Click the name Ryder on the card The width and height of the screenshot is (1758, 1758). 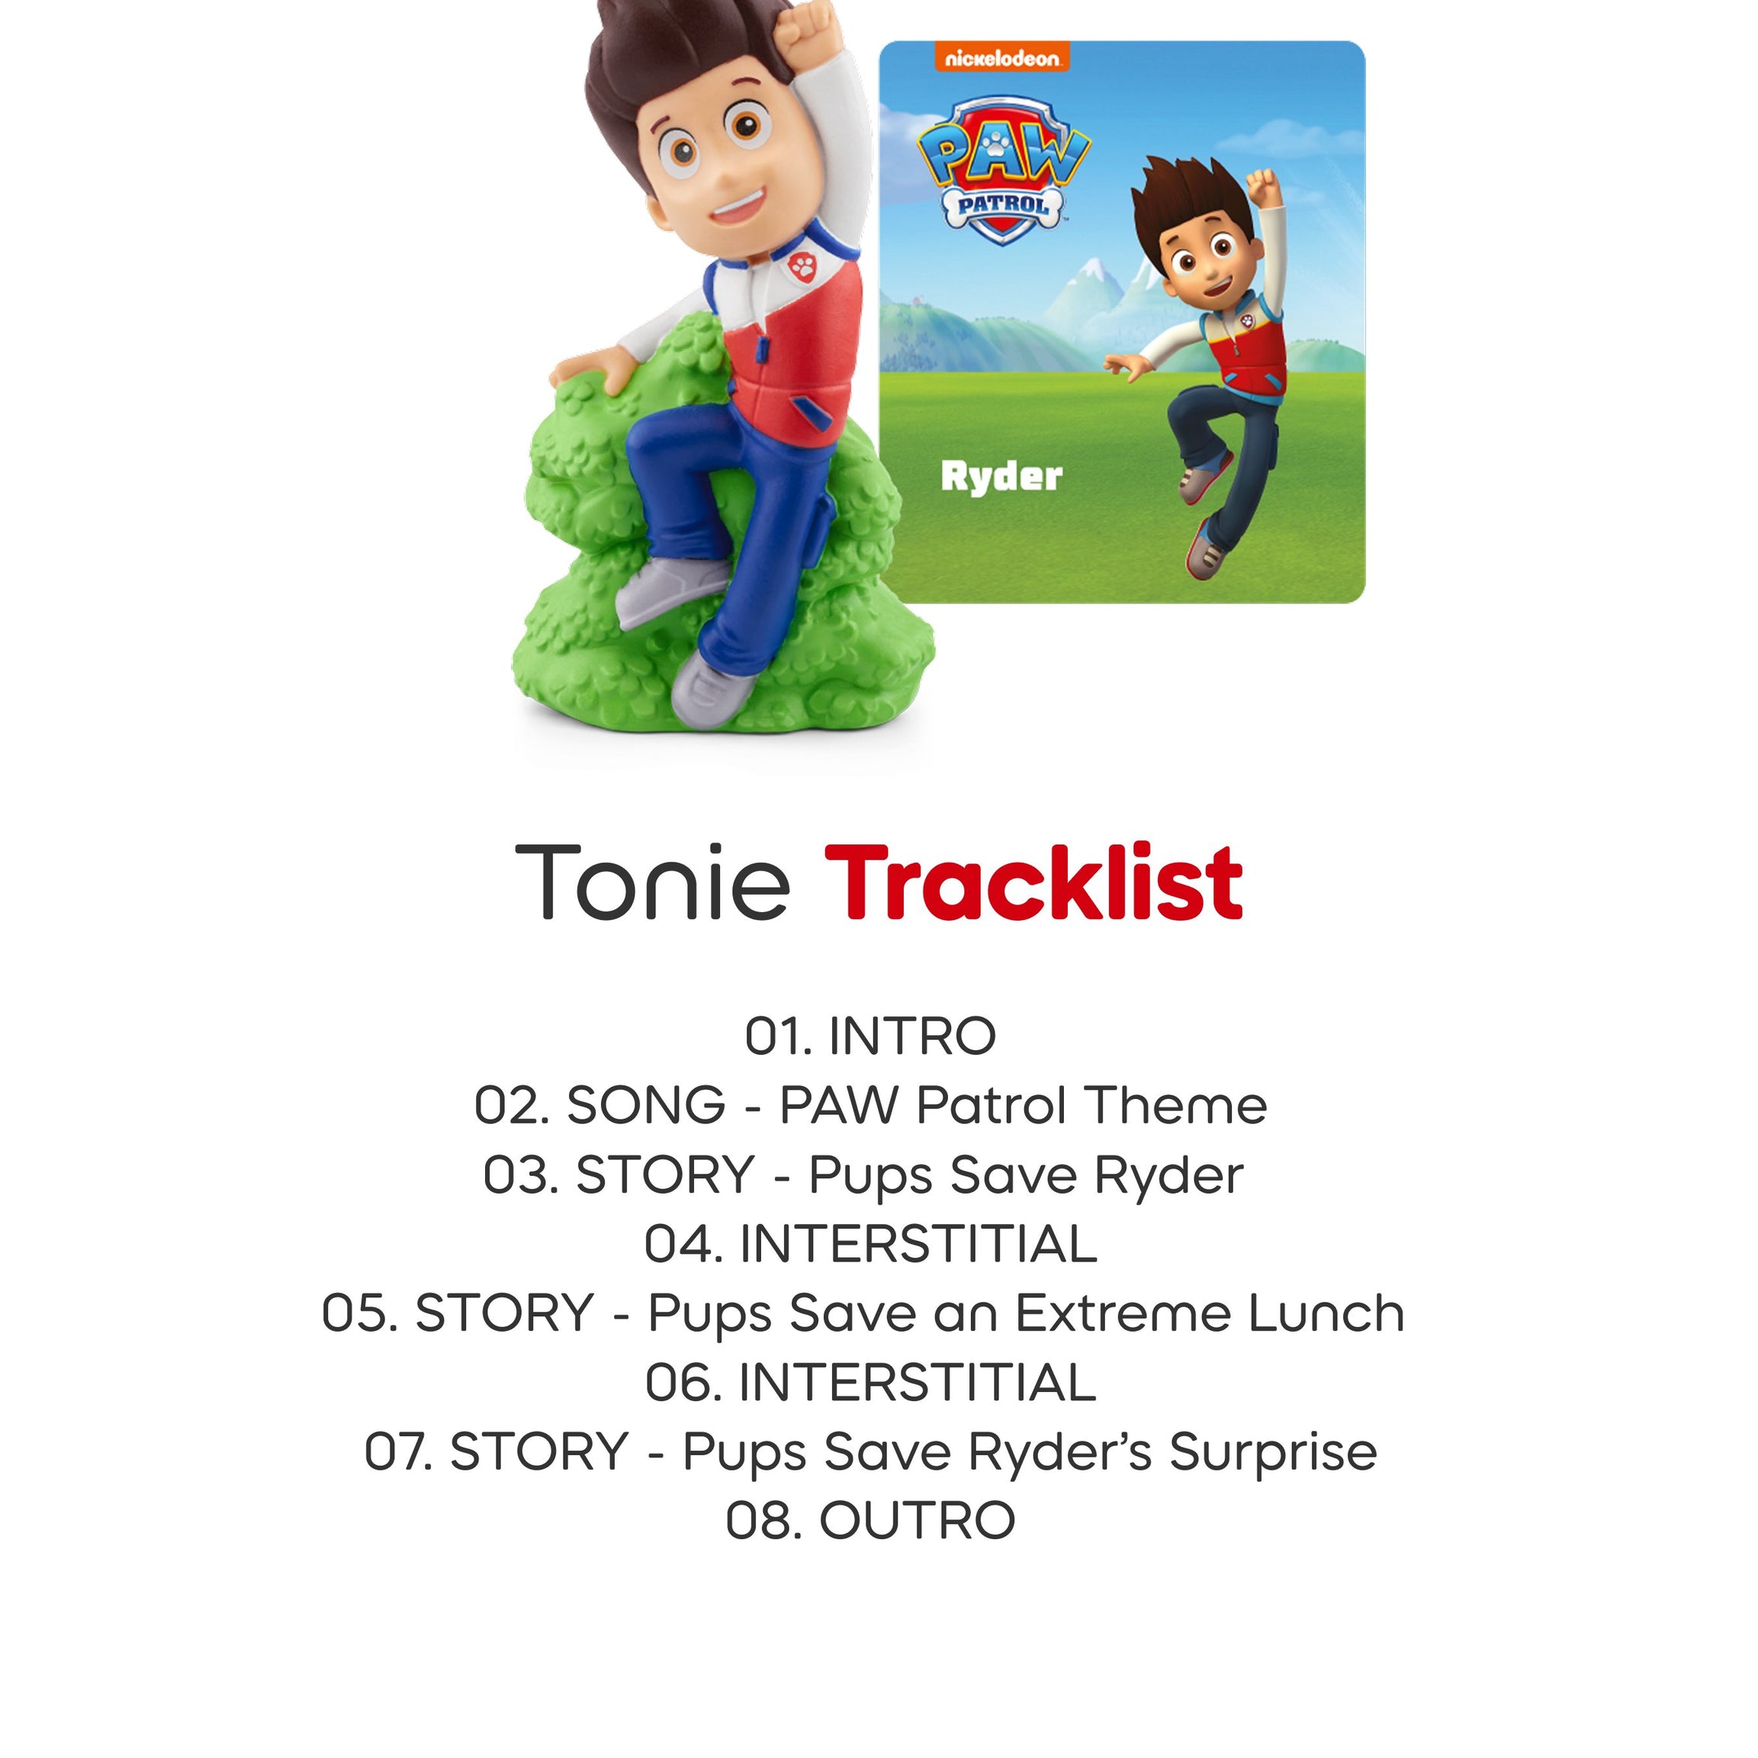click(x=1001, y=477)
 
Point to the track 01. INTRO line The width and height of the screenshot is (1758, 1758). click(x=871, y=1036)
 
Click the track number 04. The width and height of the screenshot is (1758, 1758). click(x=683, y=1244)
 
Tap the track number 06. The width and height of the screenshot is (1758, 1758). click(x=683, y=1382)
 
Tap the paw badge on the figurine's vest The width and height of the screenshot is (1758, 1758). click(x=802, y=265)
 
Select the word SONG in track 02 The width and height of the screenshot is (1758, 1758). click(x=645, y=1106)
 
